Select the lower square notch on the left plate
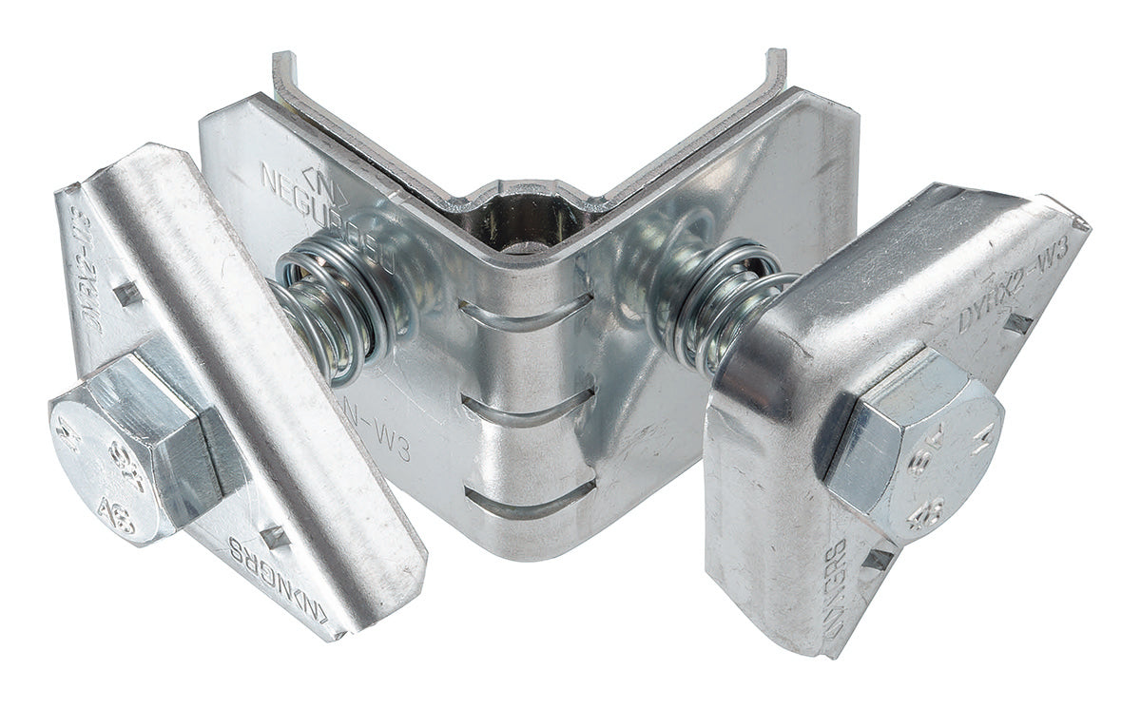276,537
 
